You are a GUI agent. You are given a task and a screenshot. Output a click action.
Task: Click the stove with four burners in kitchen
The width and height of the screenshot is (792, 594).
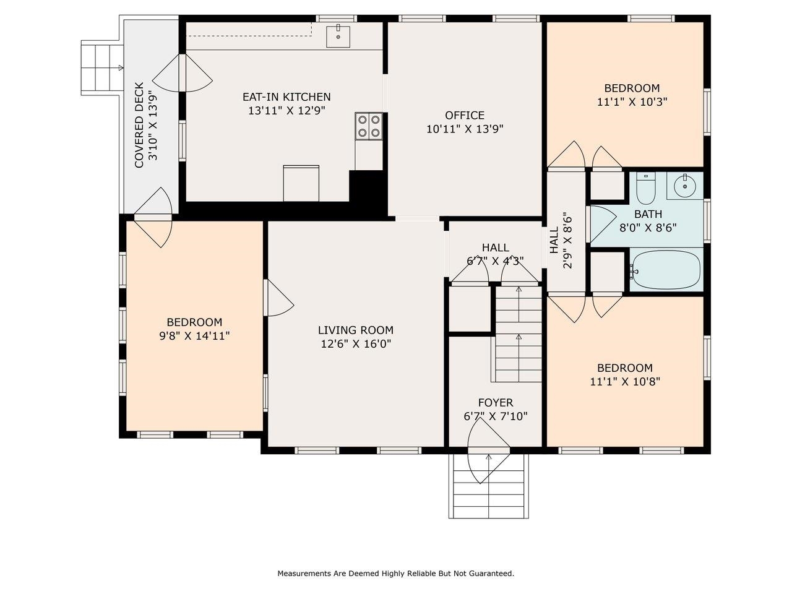click(369, 126)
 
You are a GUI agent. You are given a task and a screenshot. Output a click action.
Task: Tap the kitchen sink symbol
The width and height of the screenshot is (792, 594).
click(338, 36)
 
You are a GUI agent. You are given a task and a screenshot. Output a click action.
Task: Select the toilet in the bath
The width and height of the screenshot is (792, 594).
click(646, 188)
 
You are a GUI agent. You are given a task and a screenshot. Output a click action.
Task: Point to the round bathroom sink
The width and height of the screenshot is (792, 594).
click(684, 184)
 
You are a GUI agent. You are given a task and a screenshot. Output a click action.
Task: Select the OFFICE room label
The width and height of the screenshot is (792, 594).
click(465, 116)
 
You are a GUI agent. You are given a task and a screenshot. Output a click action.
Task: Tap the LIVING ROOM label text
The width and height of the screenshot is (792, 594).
click(355, 330)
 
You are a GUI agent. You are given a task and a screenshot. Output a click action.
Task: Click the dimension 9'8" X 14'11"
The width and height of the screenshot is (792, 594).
click(194, 336)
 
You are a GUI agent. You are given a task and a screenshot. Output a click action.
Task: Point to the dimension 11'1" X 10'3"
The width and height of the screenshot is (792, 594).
click(632, 102)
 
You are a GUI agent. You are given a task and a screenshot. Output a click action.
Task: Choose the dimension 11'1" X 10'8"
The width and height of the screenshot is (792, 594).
click(625, 382)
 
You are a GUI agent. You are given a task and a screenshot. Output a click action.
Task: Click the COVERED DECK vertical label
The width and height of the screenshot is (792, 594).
click(139, 125)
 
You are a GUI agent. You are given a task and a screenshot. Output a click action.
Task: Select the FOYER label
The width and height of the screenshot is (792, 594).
click(495, 403)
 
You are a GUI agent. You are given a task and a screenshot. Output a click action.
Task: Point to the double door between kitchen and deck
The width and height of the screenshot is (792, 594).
click(183, 73)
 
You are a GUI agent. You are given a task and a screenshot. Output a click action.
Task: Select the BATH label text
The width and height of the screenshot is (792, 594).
click(648, 214)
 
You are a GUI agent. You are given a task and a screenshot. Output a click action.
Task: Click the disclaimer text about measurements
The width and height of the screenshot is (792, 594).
click(395, 574)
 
